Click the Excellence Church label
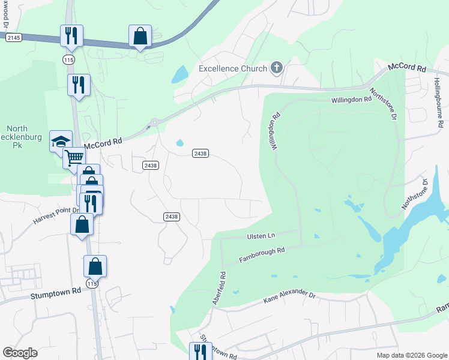(233, 68)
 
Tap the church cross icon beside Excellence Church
(276, 67)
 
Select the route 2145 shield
(14, 37)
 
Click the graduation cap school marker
(61, 142)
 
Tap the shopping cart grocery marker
(74, 158)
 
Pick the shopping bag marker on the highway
(140, 36)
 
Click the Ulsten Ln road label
(261, 236)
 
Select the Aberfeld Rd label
(218, 289)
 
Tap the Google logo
(20, 353)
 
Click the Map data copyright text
(411, 355)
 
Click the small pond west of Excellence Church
(179, 74)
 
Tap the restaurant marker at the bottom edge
(200, 352)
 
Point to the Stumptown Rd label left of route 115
(55, 293)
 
